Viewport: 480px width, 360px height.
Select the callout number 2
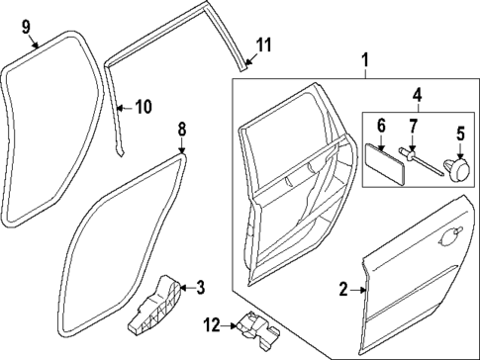coord(343,290)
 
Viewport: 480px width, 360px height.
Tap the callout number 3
coord(200,288)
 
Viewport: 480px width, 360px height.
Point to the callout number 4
coord(416,96)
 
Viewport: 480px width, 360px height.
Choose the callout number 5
coord(459,132)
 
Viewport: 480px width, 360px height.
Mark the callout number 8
coord(181,130)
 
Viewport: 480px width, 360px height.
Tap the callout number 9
coord(27,25)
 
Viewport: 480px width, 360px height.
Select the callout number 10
coord(144,106)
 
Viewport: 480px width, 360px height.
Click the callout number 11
coord(262,45)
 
